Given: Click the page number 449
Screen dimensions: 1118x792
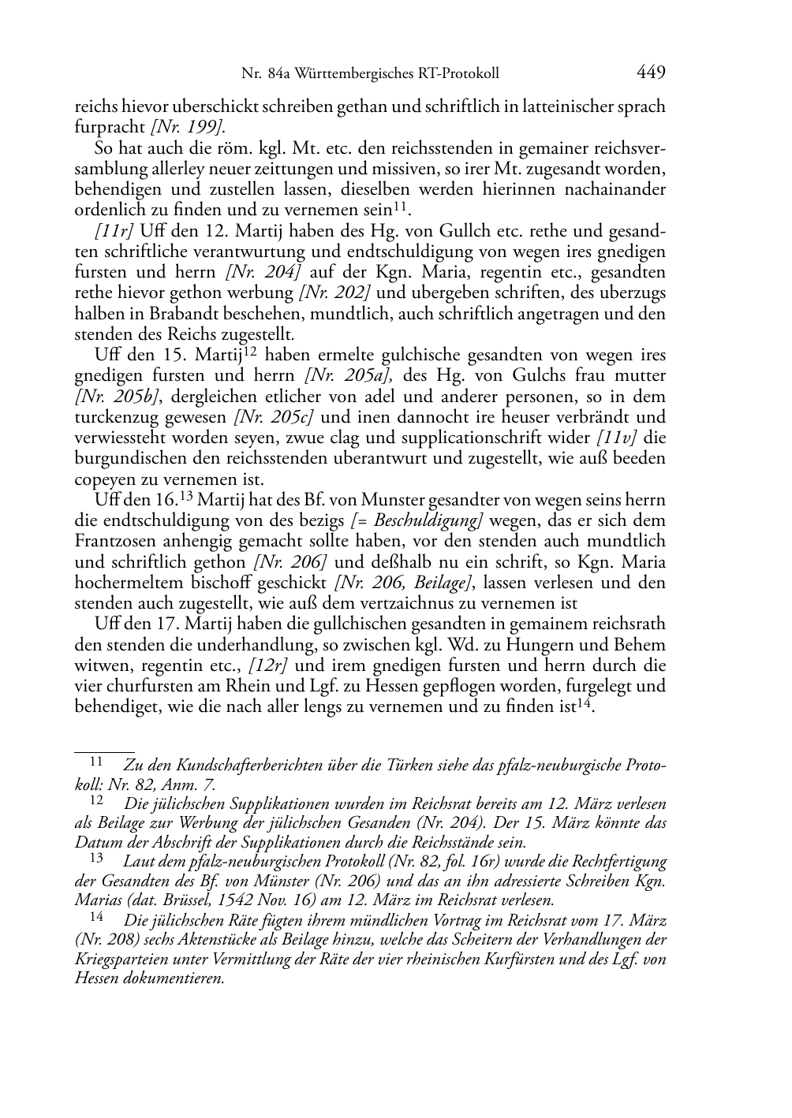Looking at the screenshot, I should (651, 73).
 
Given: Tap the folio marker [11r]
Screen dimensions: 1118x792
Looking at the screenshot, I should (113, 231).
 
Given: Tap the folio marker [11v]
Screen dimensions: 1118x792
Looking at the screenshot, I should (619, 438).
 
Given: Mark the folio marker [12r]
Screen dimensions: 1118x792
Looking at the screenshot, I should (269, 665).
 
